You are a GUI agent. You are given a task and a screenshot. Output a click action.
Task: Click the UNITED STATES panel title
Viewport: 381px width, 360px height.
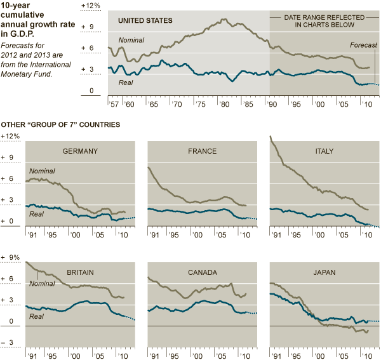tap(145, 21)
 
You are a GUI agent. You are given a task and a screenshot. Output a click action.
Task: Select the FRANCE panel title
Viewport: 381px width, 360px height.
tap(203, 151)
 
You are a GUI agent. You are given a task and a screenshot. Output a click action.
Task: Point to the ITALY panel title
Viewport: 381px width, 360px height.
tap(324, 151)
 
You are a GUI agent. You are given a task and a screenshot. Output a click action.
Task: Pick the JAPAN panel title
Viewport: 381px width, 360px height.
tap(324, 272)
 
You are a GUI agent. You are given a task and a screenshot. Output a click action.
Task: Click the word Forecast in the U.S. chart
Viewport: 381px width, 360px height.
tap(364, 46)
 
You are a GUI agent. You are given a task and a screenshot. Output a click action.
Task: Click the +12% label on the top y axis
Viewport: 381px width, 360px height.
tap(90, 6)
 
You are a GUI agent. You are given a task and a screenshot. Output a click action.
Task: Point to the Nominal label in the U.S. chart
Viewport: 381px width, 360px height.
tap(131, 40)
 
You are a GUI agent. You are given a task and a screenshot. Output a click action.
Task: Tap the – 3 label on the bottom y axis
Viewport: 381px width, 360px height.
tap(7, 343)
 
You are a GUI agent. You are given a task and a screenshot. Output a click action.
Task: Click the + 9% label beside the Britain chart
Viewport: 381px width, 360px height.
tap(11, 257)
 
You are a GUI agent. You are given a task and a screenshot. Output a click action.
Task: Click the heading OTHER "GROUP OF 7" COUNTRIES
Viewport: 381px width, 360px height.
tap(61, 125)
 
